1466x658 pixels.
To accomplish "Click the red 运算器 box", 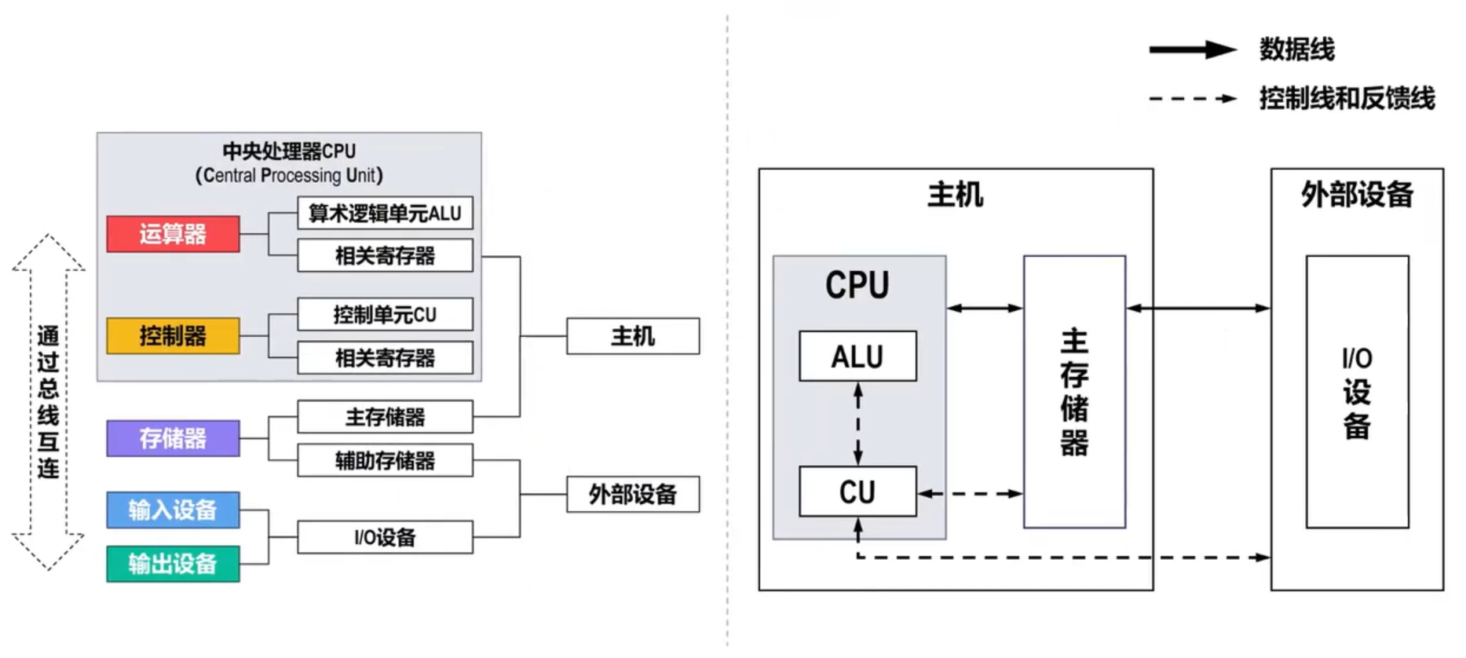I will pos(173,234).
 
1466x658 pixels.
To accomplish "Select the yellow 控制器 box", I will pos(173,336).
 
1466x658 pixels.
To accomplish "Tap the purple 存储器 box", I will pos(173,438).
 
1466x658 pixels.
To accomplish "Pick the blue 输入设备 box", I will pos(173,510).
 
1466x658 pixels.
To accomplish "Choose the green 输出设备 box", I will pos(173,564).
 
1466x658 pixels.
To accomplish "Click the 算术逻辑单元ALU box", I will pos(385,213).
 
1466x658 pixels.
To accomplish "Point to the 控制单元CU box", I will pos(385,315).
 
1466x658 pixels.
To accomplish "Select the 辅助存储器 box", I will pos(385,460).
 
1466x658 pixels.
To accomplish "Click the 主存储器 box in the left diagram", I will pos(385,417).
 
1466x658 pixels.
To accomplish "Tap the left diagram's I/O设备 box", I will pos(385,537).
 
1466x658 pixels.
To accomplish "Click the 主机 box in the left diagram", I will pos(633,336).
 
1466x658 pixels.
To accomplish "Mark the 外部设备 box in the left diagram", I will pos(633,495).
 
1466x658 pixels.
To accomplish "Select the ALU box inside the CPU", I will pos(857,356).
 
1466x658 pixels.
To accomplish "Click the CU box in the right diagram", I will pos(857,492).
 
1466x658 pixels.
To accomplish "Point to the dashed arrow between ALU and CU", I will pos(858,424).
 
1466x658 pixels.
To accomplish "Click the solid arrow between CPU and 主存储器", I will pos(985,308).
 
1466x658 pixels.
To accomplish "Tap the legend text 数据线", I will pos(1297,49).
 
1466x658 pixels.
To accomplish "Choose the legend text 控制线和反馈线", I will pos(1347,98).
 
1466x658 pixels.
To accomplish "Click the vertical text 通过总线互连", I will pos(48,402).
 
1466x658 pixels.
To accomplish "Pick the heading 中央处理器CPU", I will pos(289,151).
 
